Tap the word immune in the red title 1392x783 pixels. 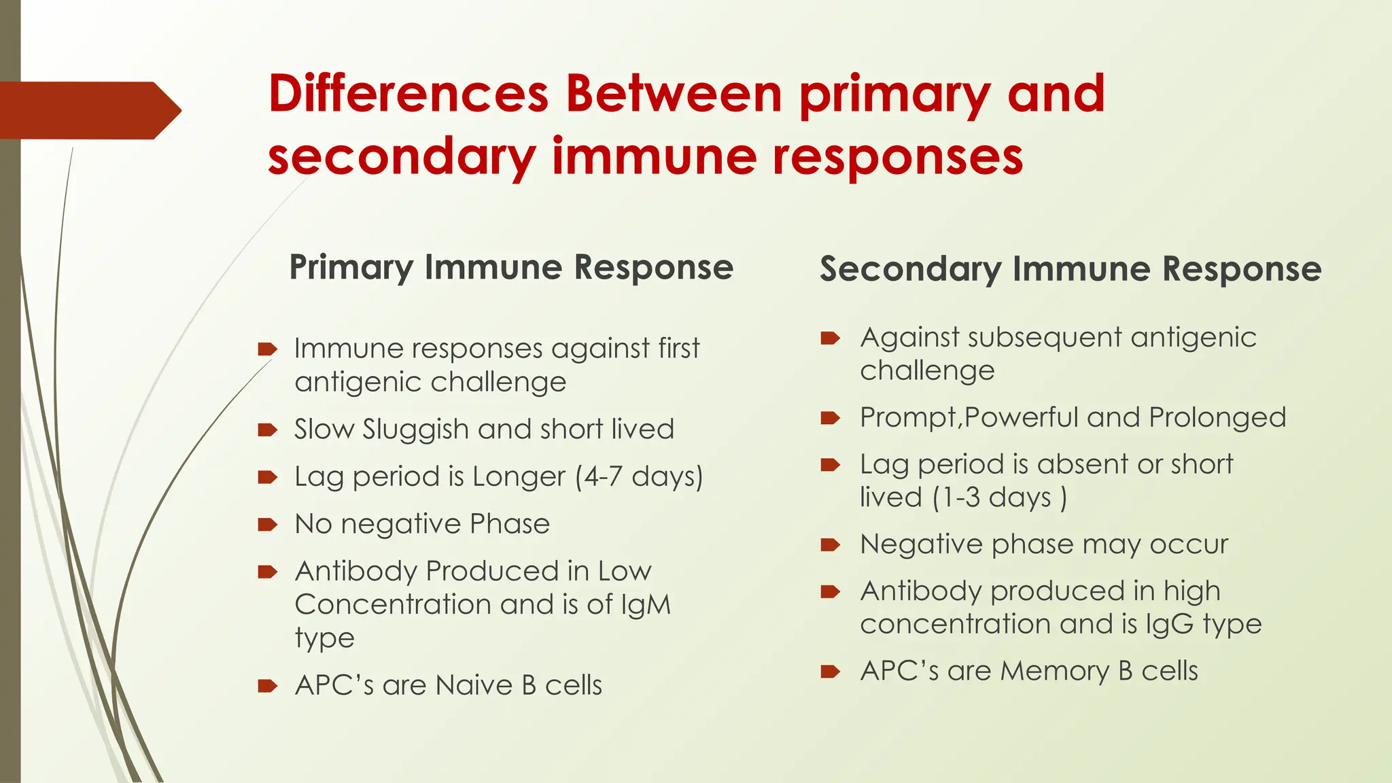click(654, 156)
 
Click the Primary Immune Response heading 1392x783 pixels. click(511, 266)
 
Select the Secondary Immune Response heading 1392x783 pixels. click(1071, 268)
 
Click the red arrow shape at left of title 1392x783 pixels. click(88, 110)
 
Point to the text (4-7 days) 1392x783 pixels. click(639, 476)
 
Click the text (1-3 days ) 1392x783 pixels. click(999, 498)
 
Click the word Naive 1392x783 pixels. click(474, 685)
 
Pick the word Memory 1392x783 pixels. click(1054, 671)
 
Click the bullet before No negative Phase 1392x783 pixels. click(267, 524)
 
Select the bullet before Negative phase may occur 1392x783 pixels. click(830, 544)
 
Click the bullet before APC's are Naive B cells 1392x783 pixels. click(267, 685)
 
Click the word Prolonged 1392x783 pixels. click(1217, 417)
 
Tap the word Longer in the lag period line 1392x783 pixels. click(519, 476)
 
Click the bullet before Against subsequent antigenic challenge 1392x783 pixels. click(830, 338)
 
